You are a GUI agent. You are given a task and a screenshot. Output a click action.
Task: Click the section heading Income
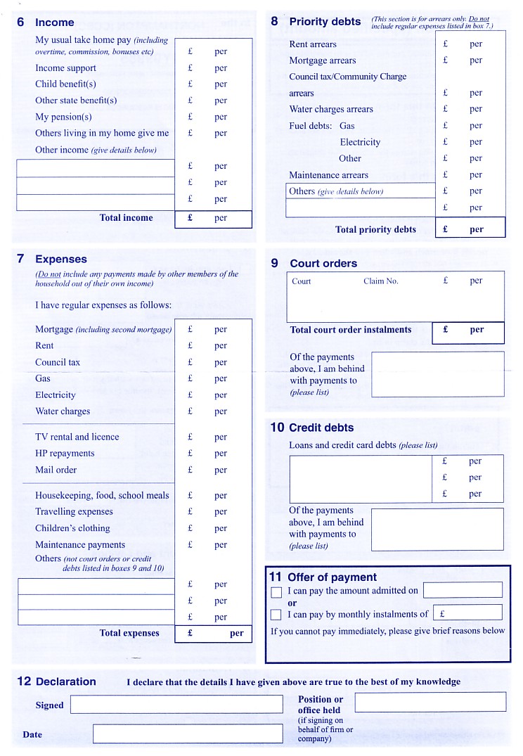pyautogui.click(x=54, y=23)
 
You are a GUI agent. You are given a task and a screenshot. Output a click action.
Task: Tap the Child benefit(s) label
pyautogui.click(x=65, y=84)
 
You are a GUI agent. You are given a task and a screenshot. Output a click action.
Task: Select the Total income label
pyautogui.click(x=126, y=218)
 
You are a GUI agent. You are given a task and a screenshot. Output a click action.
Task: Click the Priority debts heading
pyautogui.click(x=325, y=22)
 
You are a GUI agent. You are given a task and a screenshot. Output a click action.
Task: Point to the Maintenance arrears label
pyautogui.click(x=328, y=175)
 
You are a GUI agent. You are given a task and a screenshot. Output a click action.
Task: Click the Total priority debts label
pyautogui.click(x=375, y=229)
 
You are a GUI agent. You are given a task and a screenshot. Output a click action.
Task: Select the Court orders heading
pyautogui.click(x=323, y=264)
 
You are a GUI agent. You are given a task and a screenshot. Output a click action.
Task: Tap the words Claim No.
pyautogui.click(x=380, y=281)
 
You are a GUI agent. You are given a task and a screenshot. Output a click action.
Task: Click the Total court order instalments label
pyautogui.click(x=350, y=330)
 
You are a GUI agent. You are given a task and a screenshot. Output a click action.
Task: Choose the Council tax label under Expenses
pyautogui.click(x=58, y=362)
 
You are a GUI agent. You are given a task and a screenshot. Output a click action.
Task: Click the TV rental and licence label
pyautogui.click(x=77, y=437)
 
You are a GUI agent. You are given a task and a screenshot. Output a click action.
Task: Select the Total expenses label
pyautogui.click(x=129, y=633)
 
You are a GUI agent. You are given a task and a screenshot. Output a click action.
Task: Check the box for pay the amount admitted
pyautogui.click(x=276, y=592)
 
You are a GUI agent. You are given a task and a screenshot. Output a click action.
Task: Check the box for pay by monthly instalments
pyautogui.click(x=276, y=615)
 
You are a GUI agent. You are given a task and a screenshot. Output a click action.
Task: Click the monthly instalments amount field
pyautogui.click(x=467, y=613)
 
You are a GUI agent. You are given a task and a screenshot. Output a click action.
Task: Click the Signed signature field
pyautogui.click(x=176, y=705)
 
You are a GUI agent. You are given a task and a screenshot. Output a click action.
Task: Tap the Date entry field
pyautogui.click(x=187, y=733)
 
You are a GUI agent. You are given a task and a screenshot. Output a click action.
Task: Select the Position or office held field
pyautogui.click(x=430, y=702)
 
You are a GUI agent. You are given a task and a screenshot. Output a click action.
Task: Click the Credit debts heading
pyautogui.click(x=321, y=428)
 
